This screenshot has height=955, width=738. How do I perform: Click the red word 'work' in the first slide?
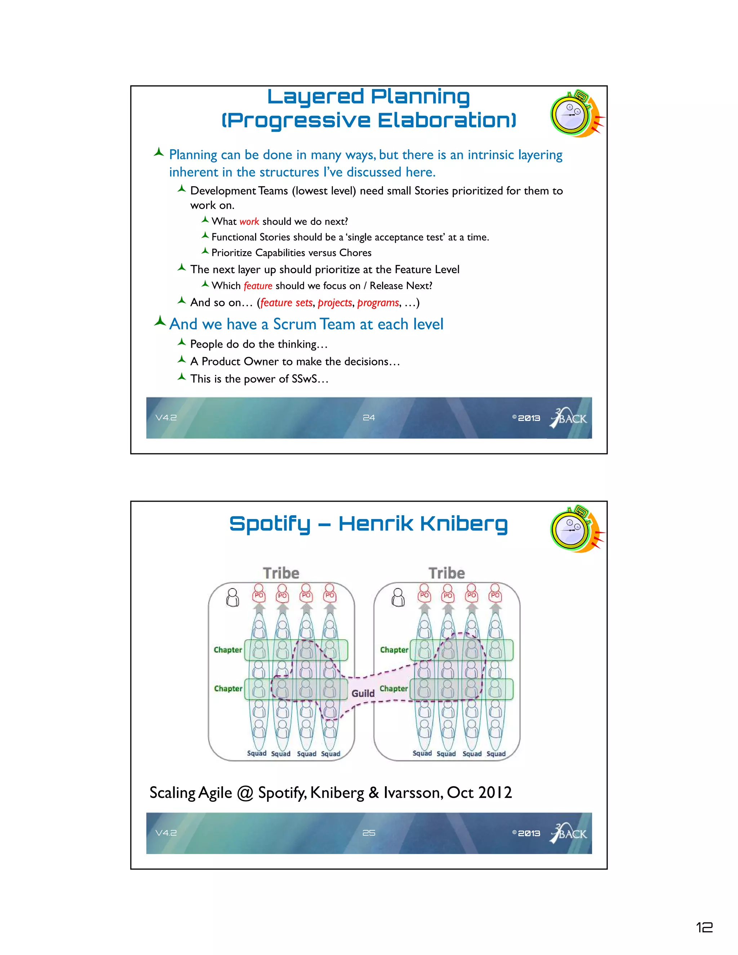[249, 222]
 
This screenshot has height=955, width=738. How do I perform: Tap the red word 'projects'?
[335, 303]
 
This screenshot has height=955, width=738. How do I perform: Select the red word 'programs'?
[378, 303]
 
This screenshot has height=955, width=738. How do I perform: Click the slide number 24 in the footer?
[369, 418]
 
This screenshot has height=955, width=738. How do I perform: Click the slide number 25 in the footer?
[369, 833]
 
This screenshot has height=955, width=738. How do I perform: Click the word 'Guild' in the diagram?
[363, 693]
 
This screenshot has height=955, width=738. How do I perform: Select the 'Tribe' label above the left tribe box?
[281, 573]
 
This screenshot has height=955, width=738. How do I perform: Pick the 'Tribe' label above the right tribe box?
[446, 573]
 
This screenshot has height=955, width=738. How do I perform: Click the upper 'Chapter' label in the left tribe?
[228, 650]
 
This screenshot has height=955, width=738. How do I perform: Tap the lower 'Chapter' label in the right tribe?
[394, 689]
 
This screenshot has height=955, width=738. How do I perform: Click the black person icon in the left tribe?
[232, 597]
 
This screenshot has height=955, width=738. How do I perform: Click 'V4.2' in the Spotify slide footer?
[166, 833]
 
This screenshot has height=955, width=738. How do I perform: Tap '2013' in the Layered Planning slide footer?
[529, 418]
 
